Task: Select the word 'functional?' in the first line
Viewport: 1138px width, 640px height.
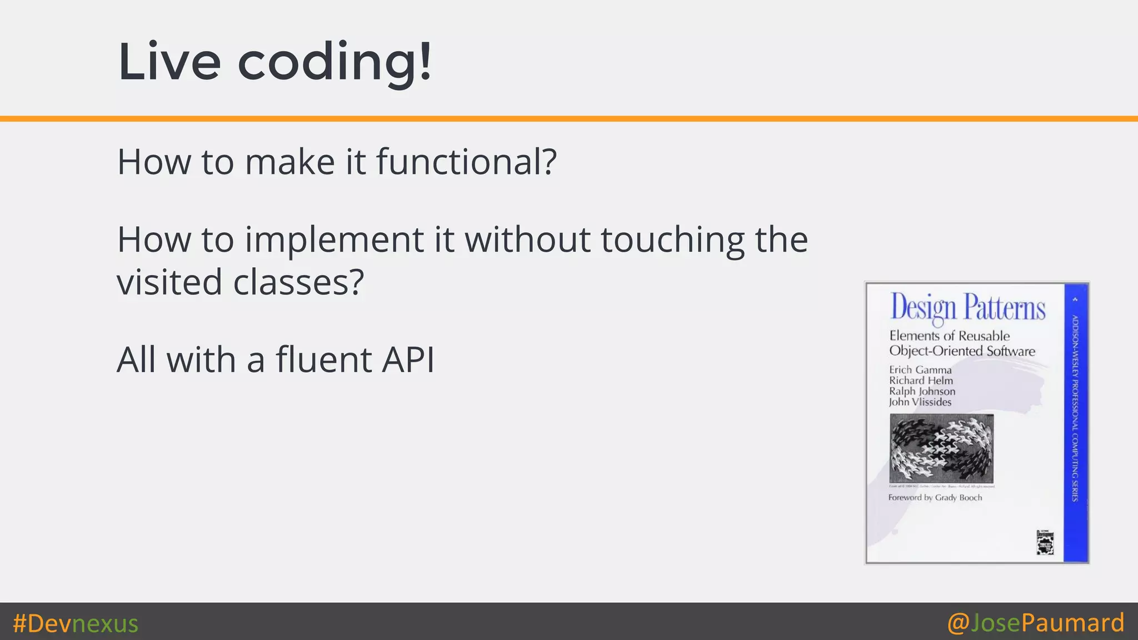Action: [466, 162]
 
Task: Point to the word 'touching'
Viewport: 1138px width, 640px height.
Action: [672, 240]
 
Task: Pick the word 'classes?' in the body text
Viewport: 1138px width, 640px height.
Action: [298, 282]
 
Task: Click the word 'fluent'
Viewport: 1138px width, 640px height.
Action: [323, 359]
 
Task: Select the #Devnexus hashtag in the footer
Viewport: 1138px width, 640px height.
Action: [76, 623]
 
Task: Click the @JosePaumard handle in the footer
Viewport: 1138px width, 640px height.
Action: [1036, 622]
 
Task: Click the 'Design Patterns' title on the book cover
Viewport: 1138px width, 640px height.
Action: [967, 308]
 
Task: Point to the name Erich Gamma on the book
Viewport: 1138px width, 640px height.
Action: [920, 370]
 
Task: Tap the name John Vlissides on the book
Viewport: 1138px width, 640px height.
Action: [920, 402]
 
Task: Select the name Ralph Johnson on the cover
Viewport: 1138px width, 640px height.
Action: [922, 391]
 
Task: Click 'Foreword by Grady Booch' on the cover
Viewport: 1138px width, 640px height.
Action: [935, 498]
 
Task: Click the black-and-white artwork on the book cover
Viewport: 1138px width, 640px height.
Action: [941, 448]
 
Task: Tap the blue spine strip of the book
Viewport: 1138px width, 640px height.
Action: [1075, 422]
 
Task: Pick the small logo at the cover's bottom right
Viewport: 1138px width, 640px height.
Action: [1045, 542]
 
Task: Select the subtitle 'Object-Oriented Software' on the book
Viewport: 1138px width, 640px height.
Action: [962, 351]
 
